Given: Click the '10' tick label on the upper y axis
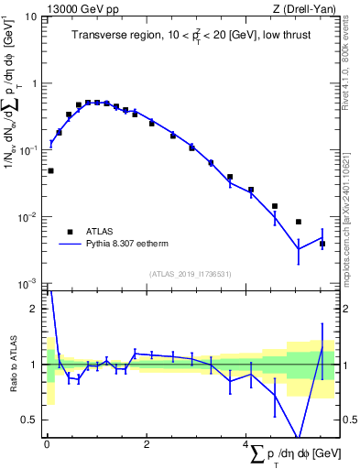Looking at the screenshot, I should point(29,16).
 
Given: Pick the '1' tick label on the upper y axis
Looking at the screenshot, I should point(33,83).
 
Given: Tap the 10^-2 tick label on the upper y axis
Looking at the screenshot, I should point(27,217).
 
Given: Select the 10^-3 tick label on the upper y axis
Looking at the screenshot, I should point(27,283).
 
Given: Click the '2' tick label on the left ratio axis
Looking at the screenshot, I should point(33,309).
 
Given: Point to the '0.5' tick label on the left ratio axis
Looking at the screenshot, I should point(29,420).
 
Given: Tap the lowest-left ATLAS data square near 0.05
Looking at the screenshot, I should point(50,170).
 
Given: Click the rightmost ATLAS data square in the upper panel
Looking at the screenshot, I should point(322,244).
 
